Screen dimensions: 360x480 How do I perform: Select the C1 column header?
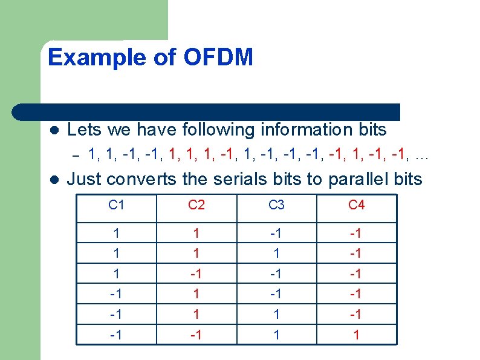pos(116,206)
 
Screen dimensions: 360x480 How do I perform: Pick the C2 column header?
pos(196,206)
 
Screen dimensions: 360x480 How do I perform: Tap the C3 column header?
pos(276,206)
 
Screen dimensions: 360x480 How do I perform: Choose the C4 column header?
pos(356,206)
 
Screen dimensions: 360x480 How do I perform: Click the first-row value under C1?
pos(116,234)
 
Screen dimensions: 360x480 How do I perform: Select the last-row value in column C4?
pos(356,333)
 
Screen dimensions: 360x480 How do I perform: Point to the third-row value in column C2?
pos(196,273)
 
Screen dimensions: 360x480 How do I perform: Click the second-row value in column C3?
pos(276,254)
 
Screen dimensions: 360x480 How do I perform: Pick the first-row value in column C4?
pos(356,234)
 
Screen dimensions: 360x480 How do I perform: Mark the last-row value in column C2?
pos(196,333)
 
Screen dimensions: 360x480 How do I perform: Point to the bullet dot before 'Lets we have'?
pos(53,131)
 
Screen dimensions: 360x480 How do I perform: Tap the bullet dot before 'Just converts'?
pos(53,180)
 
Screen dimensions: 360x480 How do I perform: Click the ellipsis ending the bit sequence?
pos(422,156)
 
